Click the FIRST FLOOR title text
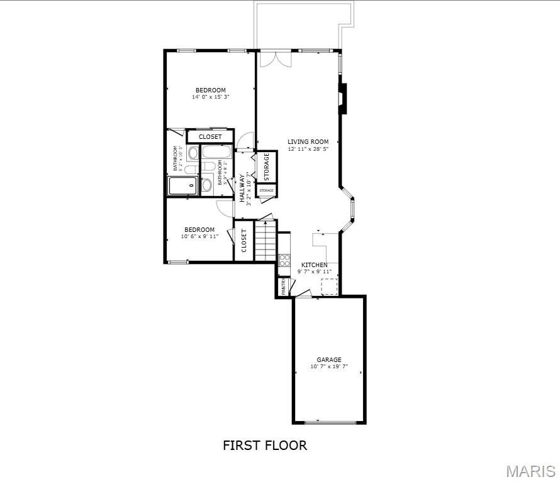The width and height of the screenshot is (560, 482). coord(265,446)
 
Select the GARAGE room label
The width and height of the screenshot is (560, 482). coord(329,360)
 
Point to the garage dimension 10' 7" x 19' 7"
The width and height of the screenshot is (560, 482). coord(329,366)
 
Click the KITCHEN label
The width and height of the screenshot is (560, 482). coord(314,265)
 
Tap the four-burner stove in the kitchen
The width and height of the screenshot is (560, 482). coord(284,260)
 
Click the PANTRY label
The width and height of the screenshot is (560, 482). coord(284,287)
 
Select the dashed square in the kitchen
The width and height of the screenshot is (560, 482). coord(329,287)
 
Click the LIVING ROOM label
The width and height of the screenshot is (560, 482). coord(308,142)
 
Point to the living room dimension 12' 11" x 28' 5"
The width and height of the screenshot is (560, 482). coord(308,149)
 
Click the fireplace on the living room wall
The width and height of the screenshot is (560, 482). coord(342,98)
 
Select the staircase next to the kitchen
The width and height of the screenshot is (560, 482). coord(266,240)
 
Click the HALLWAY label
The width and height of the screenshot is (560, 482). coord(242,188)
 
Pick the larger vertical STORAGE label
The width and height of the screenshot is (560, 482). coord(266,167)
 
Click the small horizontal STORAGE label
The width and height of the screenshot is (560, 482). coord(266,190)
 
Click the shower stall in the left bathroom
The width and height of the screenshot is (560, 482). coord(183,186)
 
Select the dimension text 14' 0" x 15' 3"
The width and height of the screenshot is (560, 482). coord(210,97)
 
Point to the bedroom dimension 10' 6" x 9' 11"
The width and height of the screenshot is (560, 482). coord(199,237)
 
